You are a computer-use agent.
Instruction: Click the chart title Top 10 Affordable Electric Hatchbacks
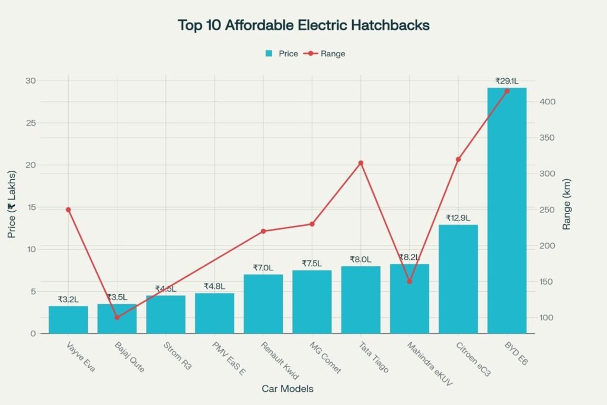[303, 25]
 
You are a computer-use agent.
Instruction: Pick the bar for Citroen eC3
[458, 279]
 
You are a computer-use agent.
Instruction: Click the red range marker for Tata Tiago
[360, 163]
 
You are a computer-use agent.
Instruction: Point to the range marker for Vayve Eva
[68, 209]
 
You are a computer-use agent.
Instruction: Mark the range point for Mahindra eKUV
[409, 281]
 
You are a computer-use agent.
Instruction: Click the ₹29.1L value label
[507, 81]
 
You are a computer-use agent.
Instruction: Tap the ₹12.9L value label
[458, 218]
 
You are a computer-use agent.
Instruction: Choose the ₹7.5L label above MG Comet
[312, 263]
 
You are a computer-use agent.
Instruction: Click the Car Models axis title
[287, 389]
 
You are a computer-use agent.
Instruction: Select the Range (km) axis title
[567, 204]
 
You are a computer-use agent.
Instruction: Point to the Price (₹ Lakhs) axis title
[12, 204]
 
